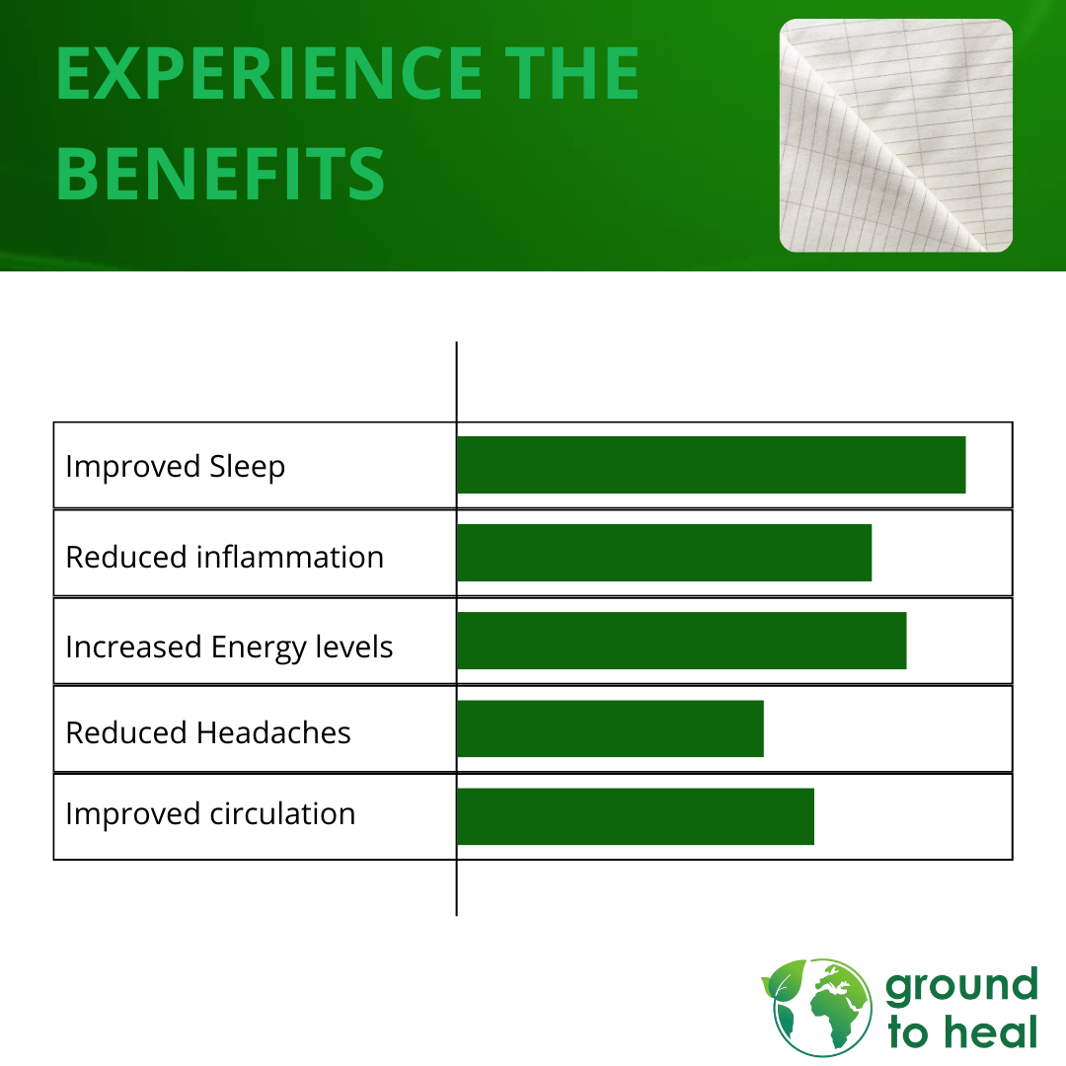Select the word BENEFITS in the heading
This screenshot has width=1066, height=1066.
click(x=220, y=174)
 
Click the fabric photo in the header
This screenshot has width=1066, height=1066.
click(x=895, y=135)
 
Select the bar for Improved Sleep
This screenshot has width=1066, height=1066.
click(x=711, y=465)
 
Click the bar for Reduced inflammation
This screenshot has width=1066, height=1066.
click(x=664, y=553)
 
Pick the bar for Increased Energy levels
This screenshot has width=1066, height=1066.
click(x=681, y=641)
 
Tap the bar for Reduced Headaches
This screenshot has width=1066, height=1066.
click(x=610, y=728)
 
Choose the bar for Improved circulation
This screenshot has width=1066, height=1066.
click(x=635, y=816)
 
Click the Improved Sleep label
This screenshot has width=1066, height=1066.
click(x=176, y=467)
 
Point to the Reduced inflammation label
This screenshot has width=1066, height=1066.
click(x=224, y=557)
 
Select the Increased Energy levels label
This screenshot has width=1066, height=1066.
click(x=229, y=647)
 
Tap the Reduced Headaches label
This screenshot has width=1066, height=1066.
click(x=208, y=732)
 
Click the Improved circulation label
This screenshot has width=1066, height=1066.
click(x=210, y=813)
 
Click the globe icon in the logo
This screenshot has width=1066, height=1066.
click(x=822, y=1007)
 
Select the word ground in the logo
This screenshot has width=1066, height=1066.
click(x=961, y=987)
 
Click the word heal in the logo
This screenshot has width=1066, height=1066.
click(x=991, y=1031)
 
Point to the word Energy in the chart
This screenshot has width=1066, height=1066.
click(x=258, y=647)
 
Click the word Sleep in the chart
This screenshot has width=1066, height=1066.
click(x=247, y=467)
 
